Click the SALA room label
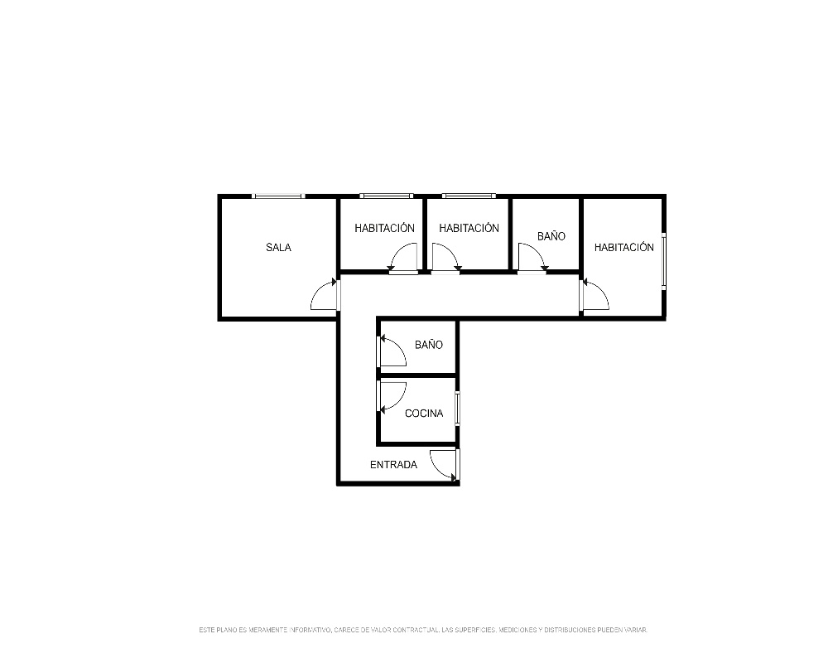[278, 247]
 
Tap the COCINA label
[423, 414]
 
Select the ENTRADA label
[393, 465]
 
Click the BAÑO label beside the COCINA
[428, 345]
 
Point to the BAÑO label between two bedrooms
[551, 236]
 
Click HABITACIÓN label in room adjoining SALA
[384, 228]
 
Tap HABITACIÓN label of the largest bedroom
[623, 247]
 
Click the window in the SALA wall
[279, 196]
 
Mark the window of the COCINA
[457, 409]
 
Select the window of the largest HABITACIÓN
[664, 261]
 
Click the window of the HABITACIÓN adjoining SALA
[386, 196]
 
